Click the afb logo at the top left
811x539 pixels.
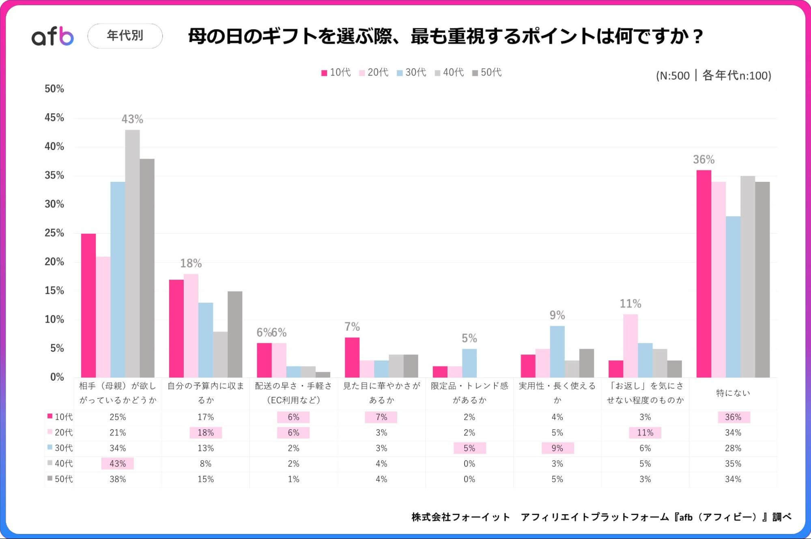click(x=53, y=36)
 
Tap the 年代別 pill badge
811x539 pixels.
click(x=125, y=36)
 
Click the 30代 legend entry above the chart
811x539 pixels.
click(x=411, y=72)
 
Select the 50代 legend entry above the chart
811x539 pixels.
click(x=487, y=72)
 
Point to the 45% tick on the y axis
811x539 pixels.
click(x=54, y=118)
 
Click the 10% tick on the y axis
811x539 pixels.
click(x=54, y=319)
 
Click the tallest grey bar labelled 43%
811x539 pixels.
click(x=132, y=253)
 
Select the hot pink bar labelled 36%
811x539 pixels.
click(x=703, y=274)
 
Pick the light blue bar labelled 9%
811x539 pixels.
click(x=557, y=351)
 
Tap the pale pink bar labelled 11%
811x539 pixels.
click(x=630, y=346)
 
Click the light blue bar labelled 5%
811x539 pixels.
click(x=469, y=363)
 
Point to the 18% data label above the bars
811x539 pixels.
click(x=191, y=263)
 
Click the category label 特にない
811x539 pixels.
click(x=733, y=393)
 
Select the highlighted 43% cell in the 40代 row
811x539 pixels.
click(x=118, y=464)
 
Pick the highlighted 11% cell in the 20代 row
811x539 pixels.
click(x=645, y=433)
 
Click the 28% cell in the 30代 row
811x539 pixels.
click(x=733, y=448)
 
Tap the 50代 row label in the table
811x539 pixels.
click(x=60, y=479)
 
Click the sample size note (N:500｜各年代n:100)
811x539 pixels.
click(x=713, y=75)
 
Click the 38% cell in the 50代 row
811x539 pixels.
click(x=118, y=479)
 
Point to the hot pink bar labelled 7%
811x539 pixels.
click(x=352, y=357)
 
